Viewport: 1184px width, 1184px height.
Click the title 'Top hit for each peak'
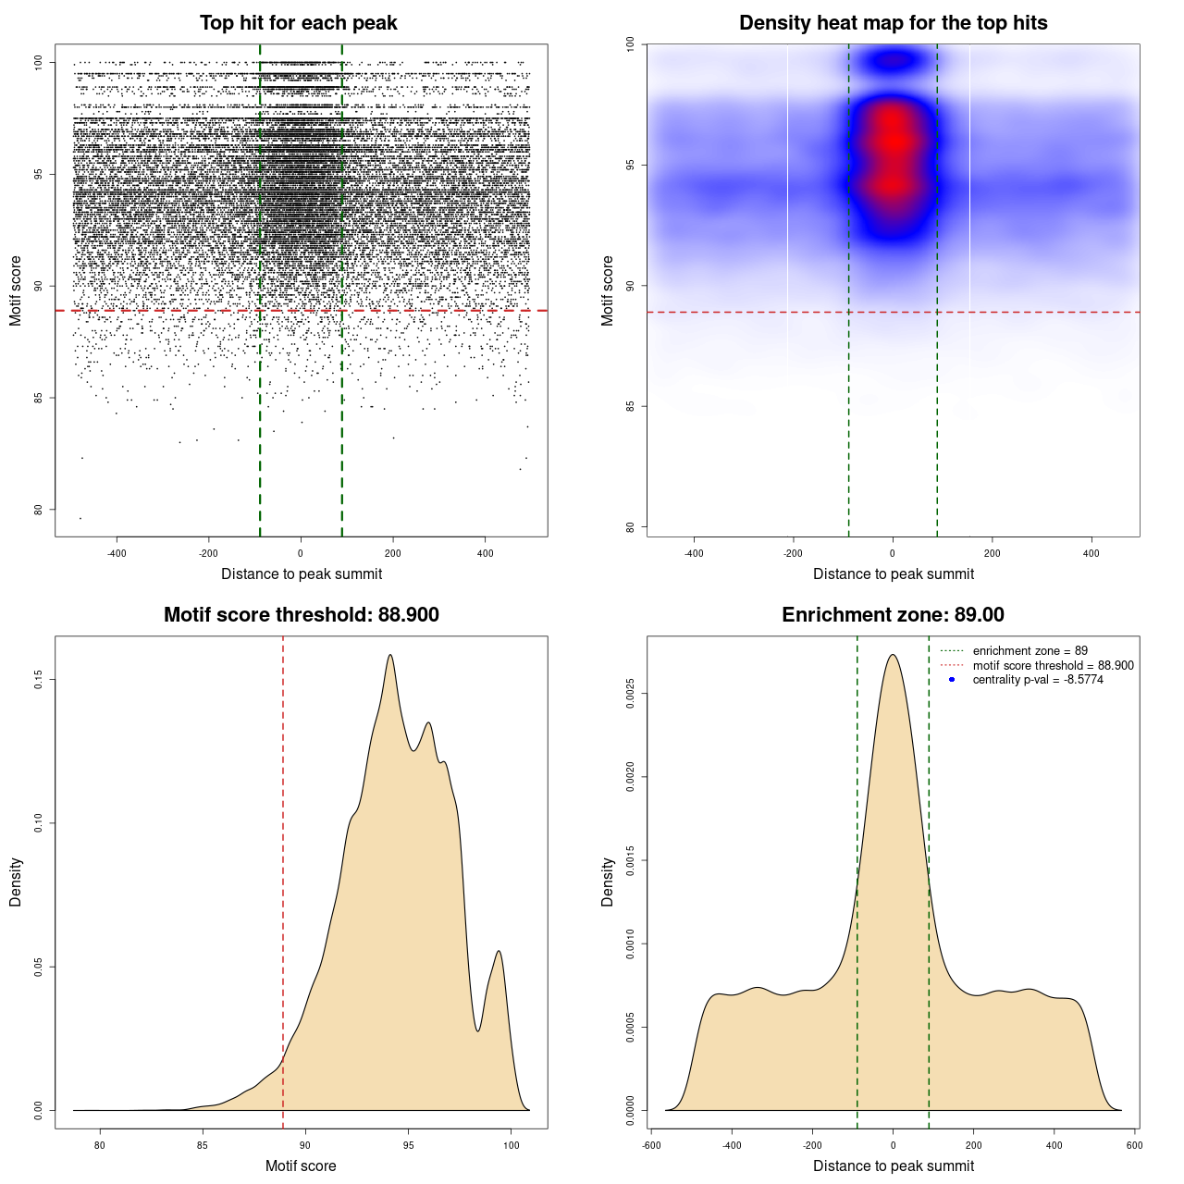tap(299, 23)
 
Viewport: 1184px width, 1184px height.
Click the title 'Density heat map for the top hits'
tap(893, 23)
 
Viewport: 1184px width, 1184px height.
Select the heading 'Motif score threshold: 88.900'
tap(301, 615)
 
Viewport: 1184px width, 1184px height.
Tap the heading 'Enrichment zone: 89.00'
tap(893, 615)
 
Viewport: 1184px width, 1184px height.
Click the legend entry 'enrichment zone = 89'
tap(1030, 651)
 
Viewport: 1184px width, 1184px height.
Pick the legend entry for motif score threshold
tap(1053, 665)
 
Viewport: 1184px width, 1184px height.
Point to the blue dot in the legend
tap(952, 680)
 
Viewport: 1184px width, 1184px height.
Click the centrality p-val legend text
tap(1038, 680)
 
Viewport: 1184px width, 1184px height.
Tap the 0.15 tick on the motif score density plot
tap(38, 681)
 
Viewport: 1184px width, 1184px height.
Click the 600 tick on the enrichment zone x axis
tap(1135, 1145)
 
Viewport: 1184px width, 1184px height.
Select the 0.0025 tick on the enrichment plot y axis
tap(630, 694)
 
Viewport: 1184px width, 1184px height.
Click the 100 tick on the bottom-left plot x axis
tap(512, 1145)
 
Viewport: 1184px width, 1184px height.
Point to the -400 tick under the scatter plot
tap(117, 553)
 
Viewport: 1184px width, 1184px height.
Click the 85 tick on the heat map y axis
tap(630, 406)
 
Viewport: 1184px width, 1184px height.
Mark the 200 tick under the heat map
tap(992, 553)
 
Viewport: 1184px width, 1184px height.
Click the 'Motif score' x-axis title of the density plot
tap(301, 1165)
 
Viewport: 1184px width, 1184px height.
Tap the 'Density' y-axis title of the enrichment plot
tap(608, 882)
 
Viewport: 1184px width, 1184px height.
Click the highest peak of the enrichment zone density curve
tap(893, 655)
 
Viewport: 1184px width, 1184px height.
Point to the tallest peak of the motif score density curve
tap(390, 655)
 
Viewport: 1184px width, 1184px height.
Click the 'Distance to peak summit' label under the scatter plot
tap(302, 573)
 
